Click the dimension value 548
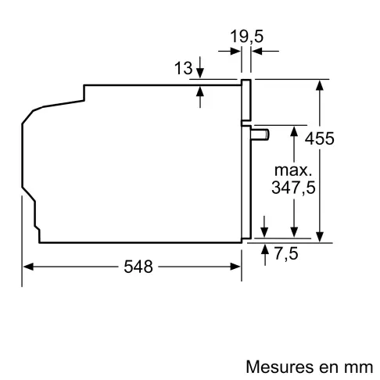(138, 267)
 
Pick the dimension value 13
(183, 69)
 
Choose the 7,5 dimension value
(287, 253)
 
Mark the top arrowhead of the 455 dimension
(320, 84)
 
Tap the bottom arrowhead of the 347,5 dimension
(293, 231)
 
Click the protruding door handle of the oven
(261, 134)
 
